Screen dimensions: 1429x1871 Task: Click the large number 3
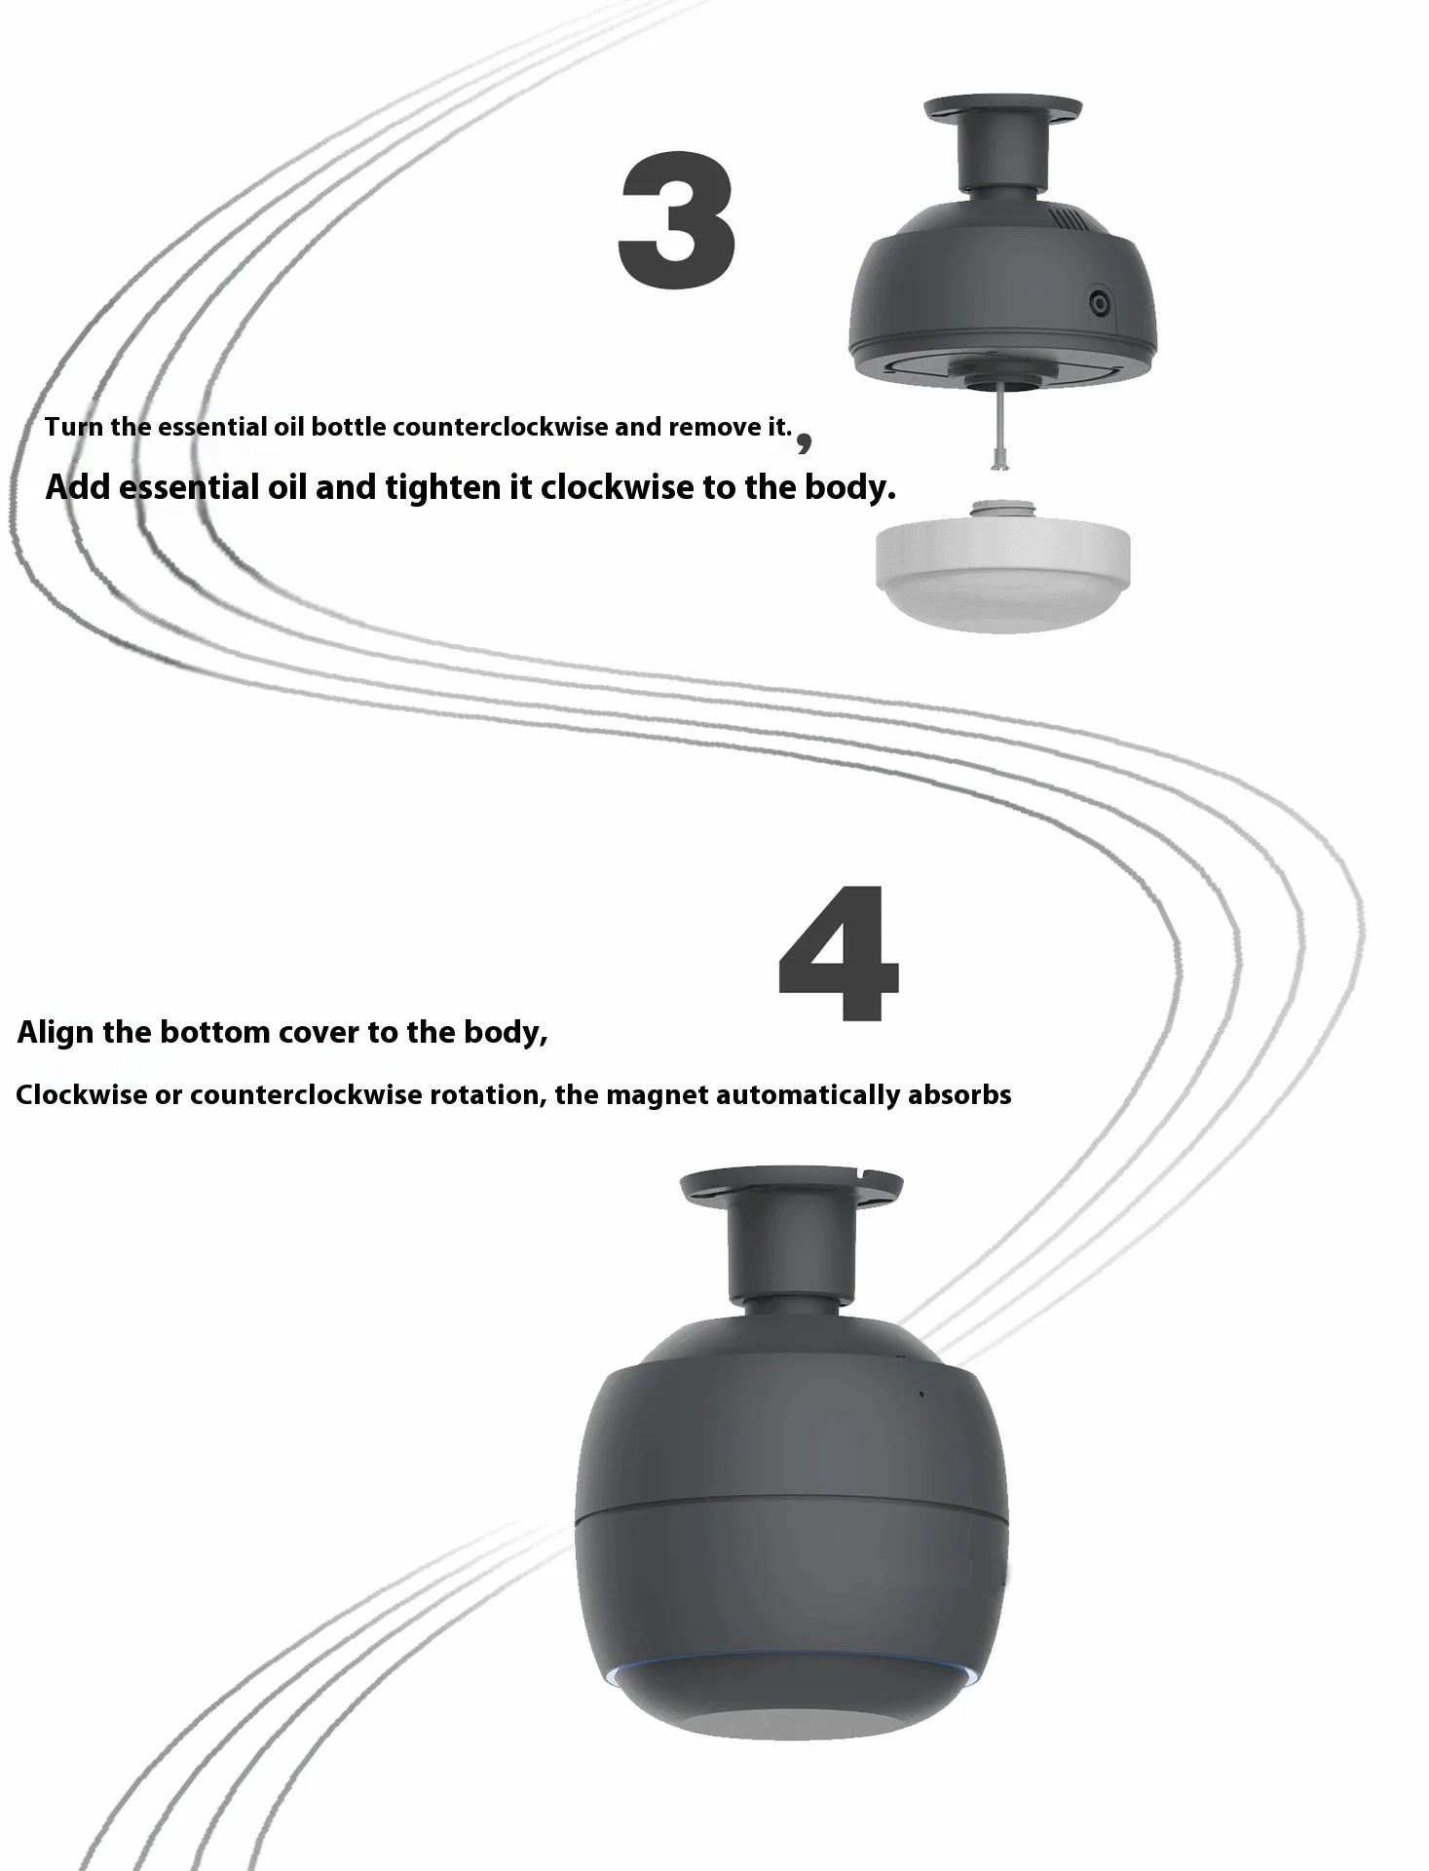677,220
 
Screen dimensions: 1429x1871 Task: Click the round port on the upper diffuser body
1100,302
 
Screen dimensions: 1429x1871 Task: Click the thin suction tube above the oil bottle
999,429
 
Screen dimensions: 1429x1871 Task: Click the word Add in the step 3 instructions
78,486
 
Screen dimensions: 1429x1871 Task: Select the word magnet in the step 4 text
657,1095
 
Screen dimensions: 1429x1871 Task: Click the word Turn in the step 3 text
73,427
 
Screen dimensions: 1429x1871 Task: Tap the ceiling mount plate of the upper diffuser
1002,109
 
